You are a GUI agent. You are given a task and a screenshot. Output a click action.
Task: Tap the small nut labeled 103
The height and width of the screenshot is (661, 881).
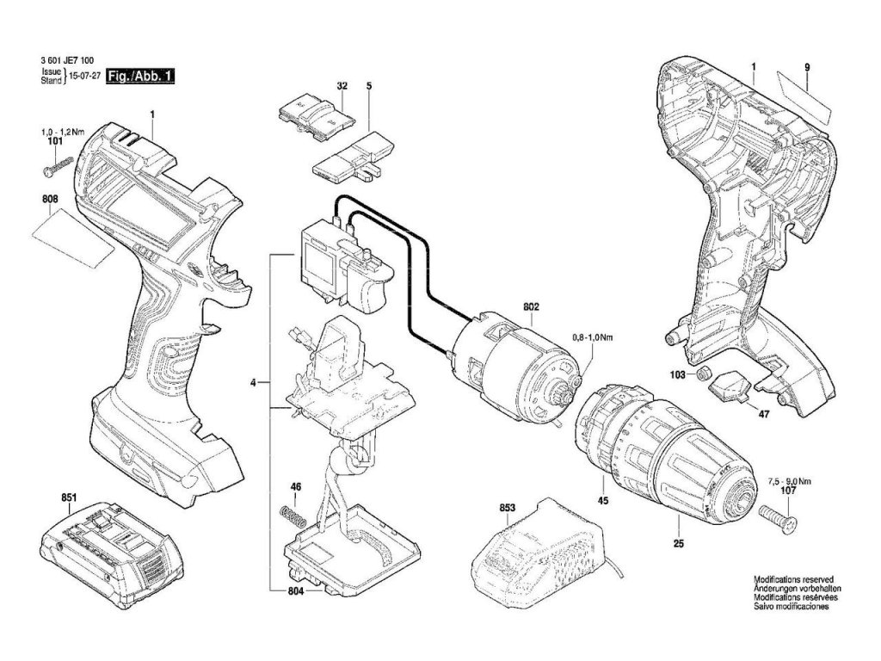(x=703, y=374)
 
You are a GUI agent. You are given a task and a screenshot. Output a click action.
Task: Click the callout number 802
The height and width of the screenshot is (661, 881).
(x=531, y=306)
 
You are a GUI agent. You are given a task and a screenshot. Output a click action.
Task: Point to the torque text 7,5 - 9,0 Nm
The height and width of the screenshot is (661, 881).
(x=788, y=481)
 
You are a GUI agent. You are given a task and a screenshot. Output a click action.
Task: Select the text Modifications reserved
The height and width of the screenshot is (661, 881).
(x=792, y=580)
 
